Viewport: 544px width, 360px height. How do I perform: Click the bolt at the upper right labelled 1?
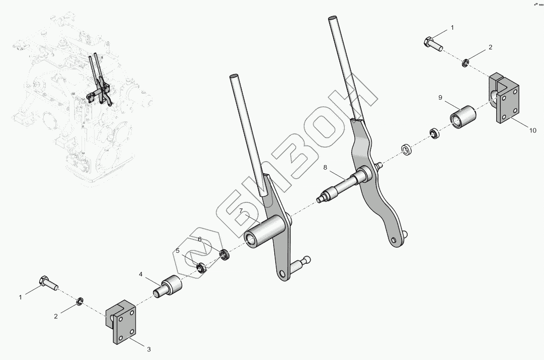[x=433, y=43]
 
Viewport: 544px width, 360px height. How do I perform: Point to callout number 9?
[x=440, y=97]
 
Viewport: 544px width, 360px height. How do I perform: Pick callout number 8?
[x=325, y=167]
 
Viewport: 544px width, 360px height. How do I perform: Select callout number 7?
[x=241, y=210]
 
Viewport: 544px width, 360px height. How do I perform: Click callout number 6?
[x=199, y=239]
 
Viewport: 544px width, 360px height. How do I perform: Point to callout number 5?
[x=178, y=250]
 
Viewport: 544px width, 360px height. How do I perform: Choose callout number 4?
[x=141, y=274]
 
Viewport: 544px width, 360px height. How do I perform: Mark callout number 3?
[x=148, y=349]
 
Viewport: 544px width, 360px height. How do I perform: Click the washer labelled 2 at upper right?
[x=466, y=63]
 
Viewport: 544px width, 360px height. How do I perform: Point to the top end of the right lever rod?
[x=332, y=19]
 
